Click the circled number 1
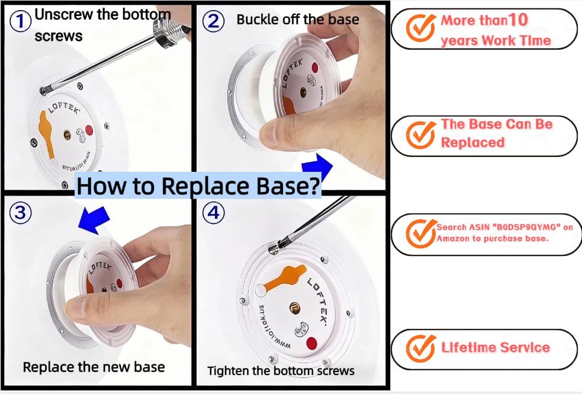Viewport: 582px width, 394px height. click(20, 21)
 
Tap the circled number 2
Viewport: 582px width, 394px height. click(213, 21)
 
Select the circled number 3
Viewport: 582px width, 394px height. click(20, 213)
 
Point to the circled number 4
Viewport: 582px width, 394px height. click(213, 213)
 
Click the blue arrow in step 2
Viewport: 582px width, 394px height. click(317, 166)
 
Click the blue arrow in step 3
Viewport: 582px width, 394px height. click(94, 220)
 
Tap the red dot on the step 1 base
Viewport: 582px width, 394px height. click(89, 130)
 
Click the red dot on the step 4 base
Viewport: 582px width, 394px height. click(312, 343)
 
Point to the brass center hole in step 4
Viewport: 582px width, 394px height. click(294, 308)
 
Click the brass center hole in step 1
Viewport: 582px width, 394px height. click(67, 134)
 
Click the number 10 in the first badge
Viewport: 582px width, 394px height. click(517, 20)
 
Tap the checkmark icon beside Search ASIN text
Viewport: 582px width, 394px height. click(421, 233)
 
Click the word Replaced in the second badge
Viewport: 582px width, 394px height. click(472, 142)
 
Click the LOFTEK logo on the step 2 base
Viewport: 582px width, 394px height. click(292, 72)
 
